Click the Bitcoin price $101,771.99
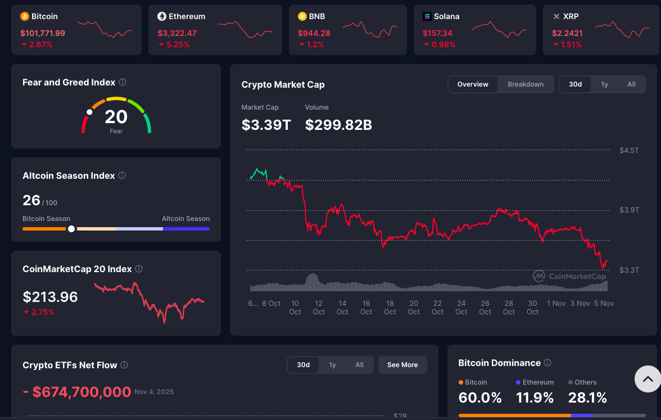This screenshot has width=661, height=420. click(43, 33)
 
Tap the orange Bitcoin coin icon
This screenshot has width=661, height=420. click(25, 16)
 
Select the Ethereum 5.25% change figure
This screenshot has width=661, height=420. click(174, 44)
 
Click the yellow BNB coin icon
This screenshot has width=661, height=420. click(302, 16)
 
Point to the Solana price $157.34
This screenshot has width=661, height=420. click(438, 33)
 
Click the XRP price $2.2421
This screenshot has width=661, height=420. click(567, 33)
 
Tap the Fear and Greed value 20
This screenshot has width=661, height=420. click(116, 117)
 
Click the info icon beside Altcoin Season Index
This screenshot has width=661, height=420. click(122, 175)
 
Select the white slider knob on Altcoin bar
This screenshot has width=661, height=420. click(71, 229)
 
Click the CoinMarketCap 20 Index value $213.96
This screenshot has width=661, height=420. click(50, 297)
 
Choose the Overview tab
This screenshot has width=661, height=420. click(473, 84)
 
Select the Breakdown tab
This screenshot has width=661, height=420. click(526, 84)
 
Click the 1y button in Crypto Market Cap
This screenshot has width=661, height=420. click(604, 84)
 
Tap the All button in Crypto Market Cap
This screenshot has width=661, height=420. click(631, 84)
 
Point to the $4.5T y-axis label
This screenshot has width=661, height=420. click(629, 150)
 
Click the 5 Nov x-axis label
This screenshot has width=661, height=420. click(604, 303)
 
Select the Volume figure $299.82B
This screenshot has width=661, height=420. click(338, 125)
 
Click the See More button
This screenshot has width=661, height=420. click(402, 365)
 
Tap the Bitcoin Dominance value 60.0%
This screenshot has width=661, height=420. click(480, 398)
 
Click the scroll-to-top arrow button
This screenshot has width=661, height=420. click(648, 380)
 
